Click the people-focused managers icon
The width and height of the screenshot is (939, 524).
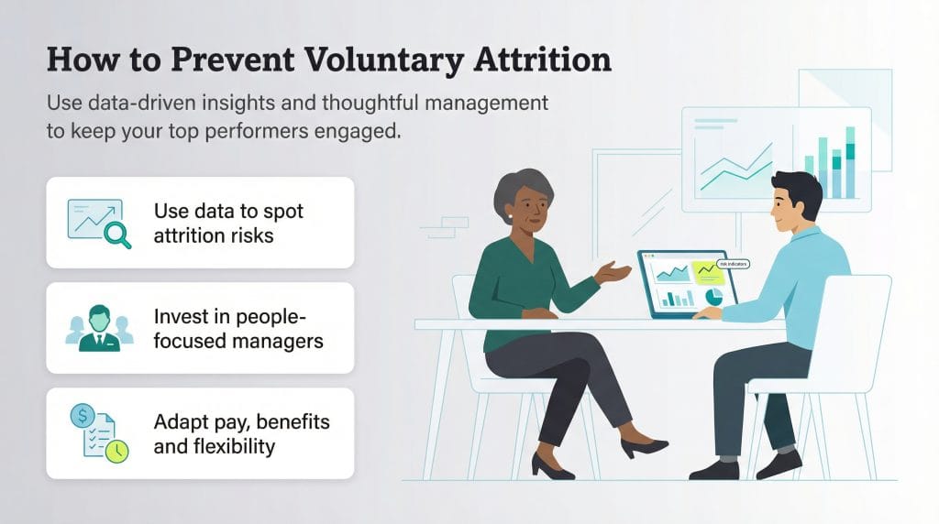pos(98,328)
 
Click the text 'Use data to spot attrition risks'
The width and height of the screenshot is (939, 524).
pos(228,223)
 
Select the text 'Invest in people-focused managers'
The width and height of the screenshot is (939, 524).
pos(238,329)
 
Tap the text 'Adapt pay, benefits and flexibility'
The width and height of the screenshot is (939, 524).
pos(241,434)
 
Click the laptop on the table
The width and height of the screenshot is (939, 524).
pos(684,285)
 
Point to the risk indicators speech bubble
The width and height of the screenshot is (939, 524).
pos(732,264)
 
